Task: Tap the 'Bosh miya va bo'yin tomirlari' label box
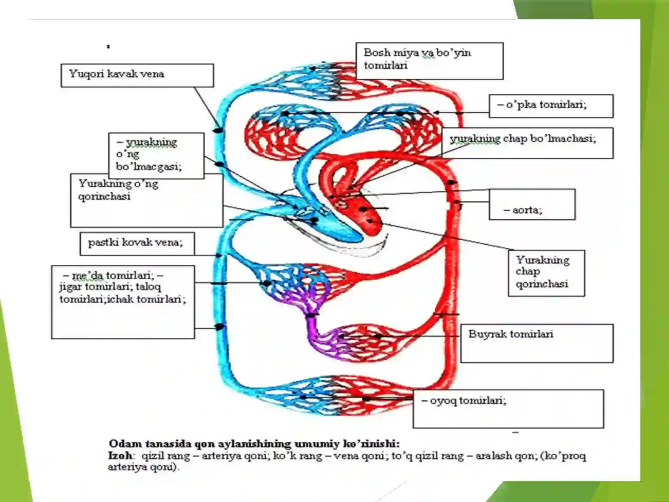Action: coord(429,61)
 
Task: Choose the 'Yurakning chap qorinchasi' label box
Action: coord(546,273)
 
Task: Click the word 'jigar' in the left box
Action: coord(71,287)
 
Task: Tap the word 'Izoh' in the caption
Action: coord(120,456)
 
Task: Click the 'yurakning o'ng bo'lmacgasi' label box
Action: coord(156,156)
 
